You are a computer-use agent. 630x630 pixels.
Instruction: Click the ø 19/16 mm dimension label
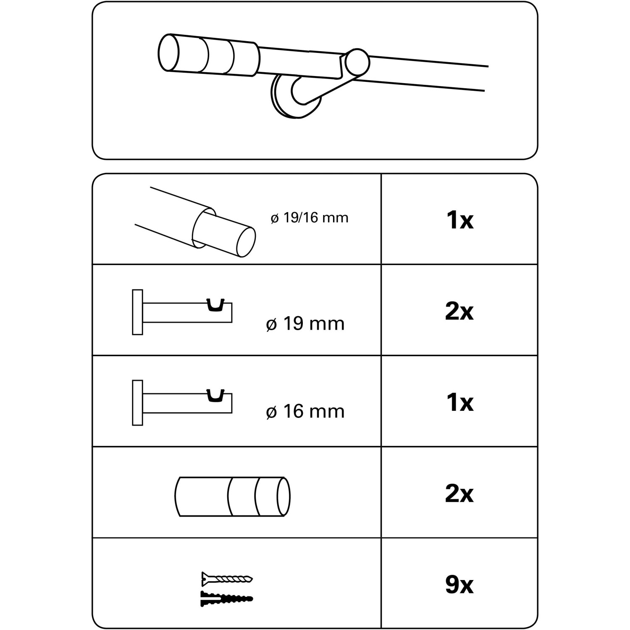[x=310, y=218]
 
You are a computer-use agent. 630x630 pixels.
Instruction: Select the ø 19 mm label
[x=305, y=324]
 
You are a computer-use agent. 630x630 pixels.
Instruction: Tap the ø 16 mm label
[x=305, y=411]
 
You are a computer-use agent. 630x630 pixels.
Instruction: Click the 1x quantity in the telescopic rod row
[x=460, y=220]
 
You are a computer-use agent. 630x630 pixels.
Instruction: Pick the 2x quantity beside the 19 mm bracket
[x=459, y=312]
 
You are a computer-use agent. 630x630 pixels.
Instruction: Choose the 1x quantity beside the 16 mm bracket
[x=460, y=403]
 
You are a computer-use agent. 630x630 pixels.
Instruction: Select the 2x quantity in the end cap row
[x=459, y=494]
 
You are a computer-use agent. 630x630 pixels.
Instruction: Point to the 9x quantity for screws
[x=459, y=585]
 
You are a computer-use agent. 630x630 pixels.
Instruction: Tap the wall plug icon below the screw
[x=227, y=598]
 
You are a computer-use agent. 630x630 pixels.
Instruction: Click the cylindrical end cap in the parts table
[x=232, y=496]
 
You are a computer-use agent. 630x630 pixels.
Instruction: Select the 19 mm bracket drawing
[x=182, y=312]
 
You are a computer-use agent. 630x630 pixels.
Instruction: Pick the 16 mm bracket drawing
[x=182, y=403]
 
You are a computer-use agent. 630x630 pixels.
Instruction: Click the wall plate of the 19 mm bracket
[x=137, y=312]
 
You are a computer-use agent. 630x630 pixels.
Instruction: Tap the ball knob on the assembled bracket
[x=357, y=62]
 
